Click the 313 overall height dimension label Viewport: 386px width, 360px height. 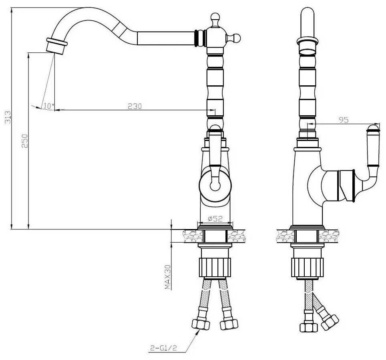pyautogui.click(x=8, y=117)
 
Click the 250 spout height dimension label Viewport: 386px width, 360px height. pyautogui.click(x=25, y=141)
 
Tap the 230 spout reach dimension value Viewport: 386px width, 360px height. pyautogui.click(x=135, y=106)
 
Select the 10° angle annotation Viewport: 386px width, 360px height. pyautogui.click(x=49, y=106)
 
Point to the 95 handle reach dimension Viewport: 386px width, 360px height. pyautogui.click(x=344, y=120)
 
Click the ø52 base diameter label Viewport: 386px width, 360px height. pyautogui.click(x=215, y=218)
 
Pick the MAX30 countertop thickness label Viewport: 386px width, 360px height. pyautogui.click(x=168, y=277)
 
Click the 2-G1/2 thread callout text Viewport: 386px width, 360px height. pyautogui.click(x=163, y=348)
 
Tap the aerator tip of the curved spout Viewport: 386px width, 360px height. pyautogui.click(x=56, y=46)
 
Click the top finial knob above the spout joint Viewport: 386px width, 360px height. pyautogui.click(x=215, y=20)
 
